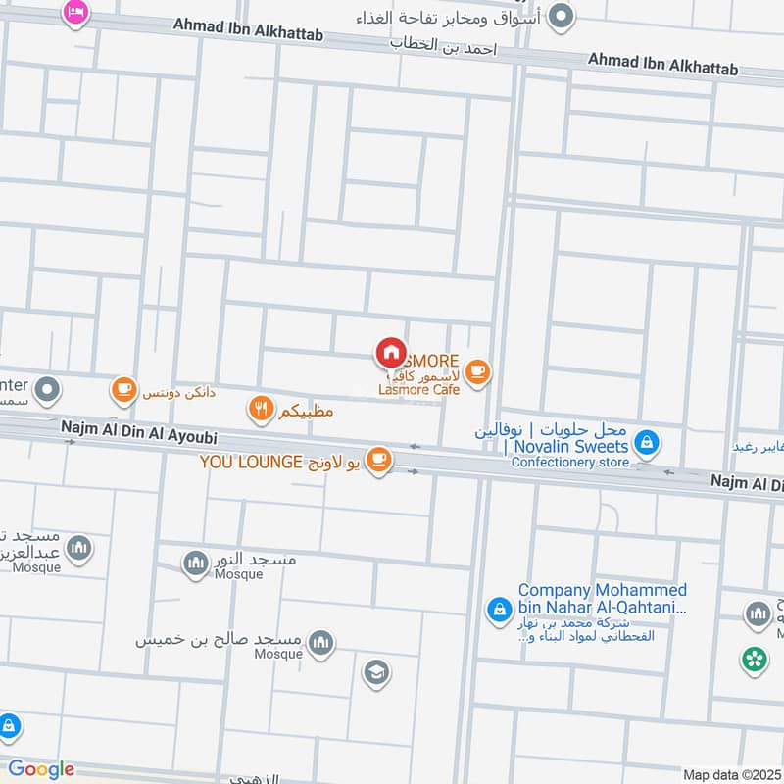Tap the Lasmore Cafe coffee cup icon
pos(477,371)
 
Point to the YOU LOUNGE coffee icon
pos(378,459)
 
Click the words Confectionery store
pos(570,463)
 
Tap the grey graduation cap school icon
pos(375,673)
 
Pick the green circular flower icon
pos(755,660)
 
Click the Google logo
pos(41,769)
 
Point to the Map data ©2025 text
pos(729,775)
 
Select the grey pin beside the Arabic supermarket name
pos(561,16)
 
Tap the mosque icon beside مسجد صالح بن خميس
pos(320,642)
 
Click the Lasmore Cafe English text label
pos(417,390)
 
